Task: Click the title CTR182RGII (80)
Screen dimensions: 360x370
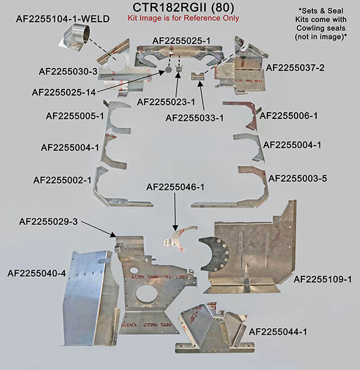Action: point(183,7)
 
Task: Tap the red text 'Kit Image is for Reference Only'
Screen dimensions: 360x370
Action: point(183,18)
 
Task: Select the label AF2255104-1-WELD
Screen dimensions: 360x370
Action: point(63,19)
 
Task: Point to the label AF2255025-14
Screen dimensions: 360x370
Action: point(64,92)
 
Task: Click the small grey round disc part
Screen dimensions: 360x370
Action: point(169,70)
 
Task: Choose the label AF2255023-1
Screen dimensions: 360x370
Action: point(166,102)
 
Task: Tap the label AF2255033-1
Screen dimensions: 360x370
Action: point(195,118)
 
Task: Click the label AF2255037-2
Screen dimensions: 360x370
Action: point(295,68)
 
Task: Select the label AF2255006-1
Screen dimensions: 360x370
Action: point(288,116)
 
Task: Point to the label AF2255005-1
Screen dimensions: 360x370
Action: point(75,116)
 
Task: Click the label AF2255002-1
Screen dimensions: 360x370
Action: point(62,180)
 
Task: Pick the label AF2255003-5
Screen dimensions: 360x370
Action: point(298,179)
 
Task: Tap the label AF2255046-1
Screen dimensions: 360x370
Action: point(175,187)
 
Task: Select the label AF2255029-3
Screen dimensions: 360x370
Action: point(48,222)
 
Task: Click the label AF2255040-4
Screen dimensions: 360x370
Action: point(36,273)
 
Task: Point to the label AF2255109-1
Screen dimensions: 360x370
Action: point(323,279)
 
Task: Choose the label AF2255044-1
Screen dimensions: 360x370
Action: point(278,332)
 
